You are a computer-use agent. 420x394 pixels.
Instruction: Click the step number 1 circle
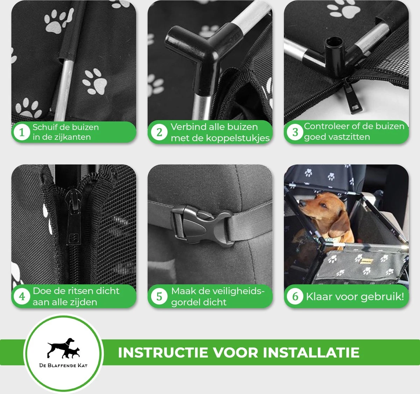[x=22, y=132]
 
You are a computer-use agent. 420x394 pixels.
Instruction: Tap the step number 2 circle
[x=159, y=132]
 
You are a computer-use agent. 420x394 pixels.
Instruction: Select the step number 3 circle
[x=295, y=132]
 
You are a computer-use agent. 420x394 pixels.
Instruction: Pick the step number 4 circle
[x=22, y=296]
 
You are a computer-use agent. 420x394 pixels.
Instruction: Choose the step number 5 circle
[x=159, y=296]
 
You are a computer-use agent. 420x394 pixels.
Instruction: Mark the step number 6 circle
[x=295, y=296]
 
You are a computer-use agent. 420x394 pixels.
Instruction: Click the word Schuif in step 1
[x=43, y=127]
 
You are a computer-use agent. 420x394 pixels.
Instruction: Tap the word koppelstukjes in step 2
[x=238, y=138]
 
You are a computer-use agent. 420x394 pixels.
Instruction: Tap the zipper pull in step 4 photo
[x=73, y=219]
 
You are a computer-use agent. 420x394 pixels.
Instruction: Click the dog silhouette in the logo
[x=61, y=347]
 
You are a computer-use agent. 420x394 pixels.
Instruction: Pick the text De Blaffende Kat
[x=63, y=365]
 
